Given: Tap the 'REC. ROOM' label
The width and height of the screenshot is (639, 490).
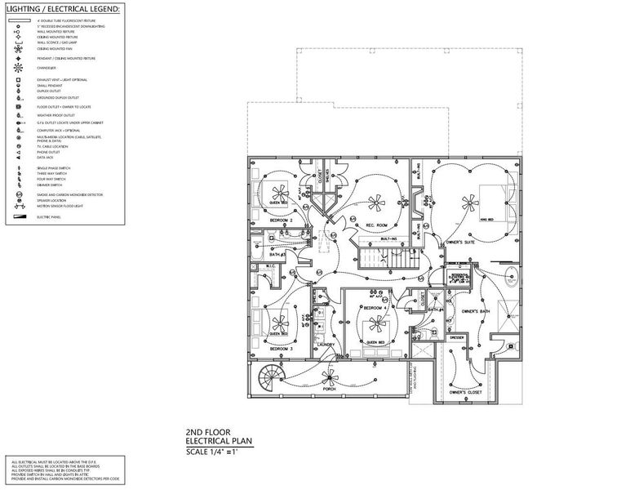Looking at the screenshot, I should (375, 225).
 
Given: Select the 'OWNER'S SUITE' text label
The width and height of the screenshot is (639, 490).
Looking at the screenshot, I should (459, 243).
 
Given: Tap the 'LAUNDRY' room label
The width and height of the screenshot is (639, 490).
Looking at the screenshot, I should (326, 345).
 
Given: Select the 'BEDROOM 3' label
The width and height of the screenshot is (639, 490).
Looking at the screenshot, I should (279, 349).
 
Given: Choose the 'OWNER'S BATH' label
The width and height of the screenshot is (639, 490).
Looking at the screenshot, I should (475, 313).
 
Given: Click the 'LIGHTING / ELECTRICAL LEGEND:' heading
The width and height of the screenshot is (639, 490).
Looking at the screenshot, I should (62, 8).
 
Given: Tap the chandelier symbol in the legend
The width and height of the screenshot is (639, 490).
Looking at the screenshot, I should (17, 69).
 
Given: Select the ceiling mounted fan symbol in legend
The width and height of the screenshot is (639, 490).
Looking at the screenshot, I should (17, 48).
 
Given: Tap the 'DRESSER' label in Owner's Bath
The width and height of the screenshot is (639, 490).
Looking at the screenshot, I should (458, 336).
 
